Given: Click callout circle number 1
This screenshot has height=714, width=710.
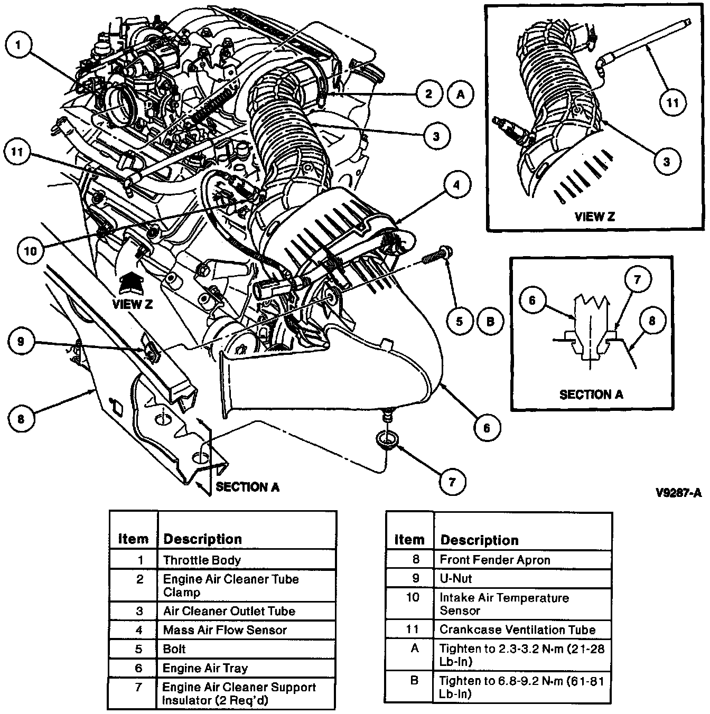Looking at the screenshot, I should coord(20,45).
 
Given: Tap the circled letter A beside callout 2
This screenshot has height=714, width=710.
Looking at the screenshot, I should coord(460,94).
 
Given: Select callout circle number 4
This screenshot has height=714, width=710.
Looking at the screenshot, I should coord(455,185).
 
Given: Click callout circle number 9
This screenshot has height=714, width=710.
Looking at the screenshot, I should coord(21,342).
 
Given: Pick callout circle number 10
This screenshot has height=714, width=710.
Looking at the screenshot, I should coord(30,250).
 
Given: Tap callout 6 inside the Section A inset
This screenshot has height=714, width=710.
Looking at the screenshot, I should coord(532,300).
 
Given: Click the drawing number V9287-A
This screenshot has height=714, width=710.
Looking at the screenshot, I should coord(678,493).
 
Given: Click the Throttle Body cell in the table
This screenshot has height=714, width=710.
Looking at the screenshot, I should coord(202,560).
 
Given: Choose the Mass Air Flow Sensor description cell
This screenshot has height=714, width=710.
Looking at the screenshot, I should coord(225,630).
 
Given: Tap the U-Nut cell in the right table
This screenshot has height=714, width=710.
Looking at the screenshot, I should coord(456,579).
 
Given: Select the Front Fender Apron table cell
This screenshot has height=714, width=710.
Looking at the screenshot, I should coord(494,560).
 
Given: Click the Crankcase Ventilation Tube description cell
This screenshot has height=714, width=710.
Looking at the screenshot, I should coord(517,630).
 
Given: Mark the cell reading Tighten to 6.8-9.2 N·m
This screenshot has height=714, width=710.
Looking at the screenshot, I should coord(521,687).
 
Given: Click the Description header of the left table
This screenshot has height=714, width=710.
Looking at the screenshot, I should coord(202,539).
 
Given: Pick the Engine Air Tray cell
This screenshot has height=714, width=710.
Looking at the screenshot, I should coord(205,668).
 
